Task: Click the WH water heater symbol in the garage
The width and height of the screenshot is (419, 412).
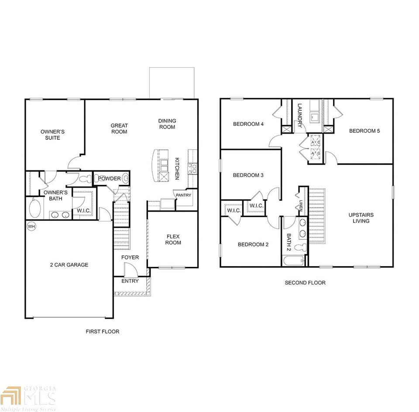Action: coord(31,227)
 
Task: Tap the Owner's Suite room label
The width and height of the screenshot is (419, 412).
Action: coord(52,135)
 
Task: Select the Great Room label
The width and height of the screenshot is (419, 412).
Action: coord(119,128)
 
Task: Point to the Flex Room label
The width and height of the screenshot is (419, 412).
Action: coord(173,239)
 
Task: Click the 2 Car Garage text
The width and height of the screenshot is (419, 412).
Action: coord(69,265)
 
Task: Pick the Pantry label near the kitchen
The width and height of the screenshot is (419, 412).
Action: coord(183,195)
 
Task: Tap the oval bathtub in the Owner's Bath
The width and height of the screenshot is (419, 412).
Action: coord(35,208)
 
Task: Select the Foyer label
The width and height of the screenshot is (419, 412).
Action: coord(130,257)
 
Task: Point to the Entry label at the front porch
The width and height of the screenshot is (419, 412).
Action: coord(130,281)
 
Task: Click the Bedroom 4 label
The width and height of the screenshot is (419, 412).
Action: coord(248,124)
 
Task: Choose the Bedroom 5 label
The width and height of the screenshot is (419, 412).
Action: coord(364,131)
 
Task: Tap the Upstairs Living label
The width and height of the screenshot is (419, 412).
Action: coord(361,218)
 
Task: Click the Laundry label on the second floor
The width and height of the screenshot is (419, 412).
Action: coord(300,116)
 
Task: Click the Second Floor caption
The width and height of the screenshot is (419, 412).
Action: coord(305,283)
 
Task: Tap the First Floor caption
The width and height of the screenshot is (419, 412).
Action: coord(102,332)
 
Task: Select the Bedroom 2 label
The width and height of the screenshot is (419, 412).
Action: coord(253,245)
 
